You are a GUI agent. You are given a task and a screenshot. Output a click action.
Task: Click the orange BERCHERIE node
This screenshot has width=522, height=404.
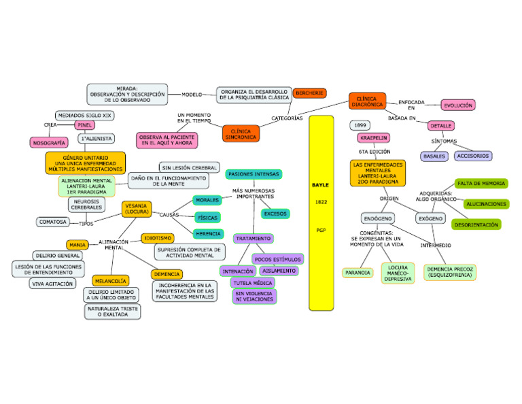click(x=310, y=92)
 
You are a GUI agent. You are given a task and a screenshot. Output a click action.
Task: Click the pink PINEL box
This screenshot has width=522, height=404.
click(x=84, y=125)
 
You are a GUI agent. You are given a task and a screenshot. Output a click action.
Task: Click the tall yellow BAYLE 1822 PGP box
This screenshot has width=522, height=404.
click(x=321, y=212)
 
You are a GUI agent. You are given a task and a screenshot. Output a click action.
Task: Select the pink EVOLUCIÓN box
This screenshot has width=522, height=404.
click(x=457, y=105)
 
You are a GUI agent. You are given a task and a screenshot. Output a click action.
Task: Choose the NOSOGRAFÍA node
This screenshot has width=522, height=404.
click(x=49, y=143)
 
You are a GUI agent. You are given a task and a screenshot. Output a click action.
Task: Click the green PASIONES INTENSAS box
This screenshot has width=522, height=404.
click(x=254, y=174)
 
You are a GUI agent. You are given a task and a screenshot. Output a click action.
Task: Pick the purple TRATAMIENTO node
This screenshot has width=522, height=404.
click(x=254, y=239)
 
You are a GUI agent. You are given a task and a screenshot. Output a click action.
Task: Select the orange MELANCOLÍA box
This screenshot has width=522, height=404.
click(x=110, y=280)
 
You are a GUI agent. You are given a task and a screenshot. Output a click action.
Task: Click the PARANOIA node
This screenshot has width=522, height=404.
click(x=358, y=273)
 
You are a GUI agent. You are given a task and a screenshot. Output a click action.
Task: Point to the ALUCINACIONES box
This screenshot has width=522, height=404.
click(x=486, y=203)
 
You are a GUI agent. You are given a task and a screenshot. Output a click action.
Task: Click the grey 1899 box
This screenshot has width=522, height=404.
click(x=360, y=125)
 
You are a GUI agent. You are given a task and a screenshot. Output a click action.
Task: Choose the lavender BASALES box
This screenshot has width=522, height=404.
click(x=435, y=156)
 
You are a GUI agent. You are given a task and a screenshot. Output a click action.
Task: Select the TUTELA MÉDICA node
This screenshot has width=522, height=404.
click(x=253, y=282)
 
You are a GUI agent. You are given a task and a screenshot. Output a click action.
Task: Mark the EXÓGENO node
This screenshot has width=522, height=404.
click(x=430, y=219)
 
